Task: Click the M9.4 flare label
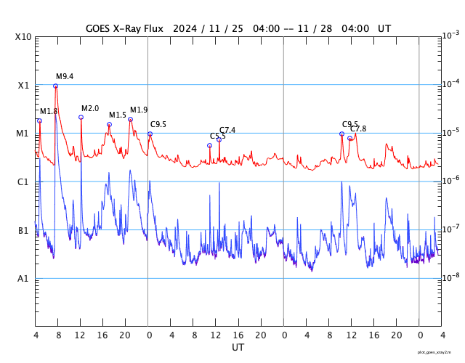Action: [65, 76]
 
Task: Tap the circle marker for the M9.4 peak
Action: [56, 86]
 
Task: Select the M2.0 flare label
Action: [90, 108]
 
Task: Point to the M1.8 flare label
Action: [49, 111]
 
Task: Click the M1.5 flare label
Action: [118, 115]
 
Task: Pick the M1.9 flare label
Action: [139, 110]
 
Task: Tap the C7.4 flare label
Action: [227, 130]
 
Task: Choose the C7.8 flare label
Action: [358, 129]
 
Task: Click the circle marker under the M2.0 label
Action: [81, 117]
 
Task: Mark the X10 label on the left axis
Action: [23, 37]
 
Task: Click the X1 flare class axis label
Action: [23, 85]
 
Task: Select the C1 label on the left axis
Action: [23, 181]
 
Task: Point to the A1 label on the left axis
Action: [23, 278]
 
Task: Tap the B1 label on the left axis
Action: [23, 230]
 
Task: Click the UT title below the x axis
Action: [238, 348]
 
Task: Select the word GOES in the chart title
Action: [102, 29]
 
